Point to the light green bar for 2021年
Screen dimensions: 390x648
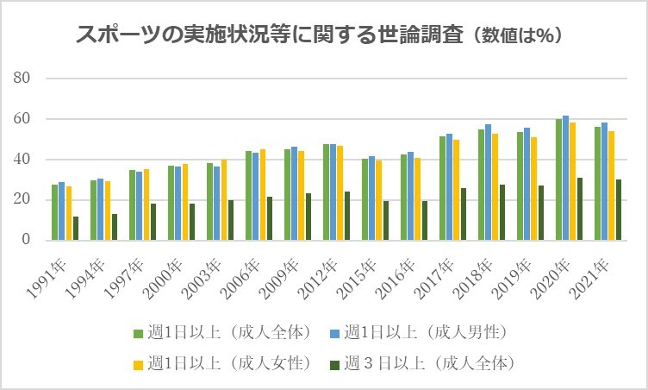pyautogui.click(x=597, y=183)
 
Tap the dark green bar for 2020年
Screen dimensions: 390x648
pyautogui.click(x=581, y=209)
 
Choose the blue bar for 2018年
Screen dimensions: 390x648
pyautogui.click(x=488, y=182)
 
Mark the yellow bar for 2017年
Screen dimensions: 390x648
pyautogui.click(x=456, y=190)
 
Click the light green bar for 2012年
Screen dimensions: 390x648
pyautogui.click(x=326, y=192)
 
